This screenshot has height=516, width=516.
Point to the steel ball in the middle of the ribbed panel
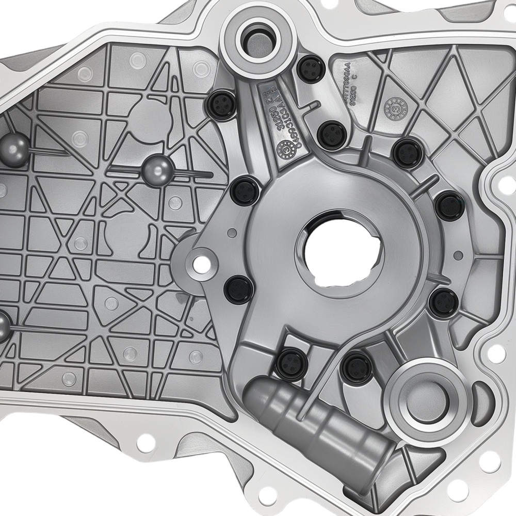pyautogui.click(x=158, y=171)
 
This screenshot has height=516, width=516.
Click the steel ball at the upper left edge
pyautogui.click(x=14, y=150)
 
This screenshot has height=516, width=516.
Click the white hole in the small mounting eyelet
pyautogui.click(x=202, y=264)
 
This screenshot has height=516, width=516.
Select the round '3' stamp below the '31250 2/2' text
pyautogui.click(x=285, y=149)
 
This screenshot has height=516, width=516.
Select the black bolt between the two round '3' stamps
pyautogui.click(x=331, y=134)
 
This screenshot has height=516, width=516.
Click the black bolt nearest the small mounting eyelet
pyautogui.click(x=239, y=289)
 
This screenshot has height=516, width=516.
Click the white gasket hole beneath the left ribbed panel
pyautogui.click(x=147, y=441)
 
